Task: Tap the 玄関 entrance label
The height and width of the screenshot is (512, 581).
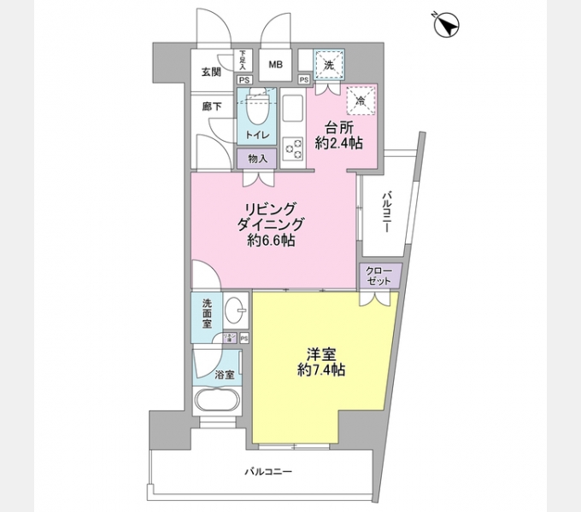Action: [212, 72]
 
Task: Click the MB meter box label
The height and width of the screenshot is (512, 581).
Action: [278, 65]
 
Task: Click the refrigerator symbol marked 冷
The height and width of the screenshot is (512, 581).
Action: [360, 101]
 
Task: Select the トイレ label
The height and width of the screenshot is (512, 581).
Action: [256, 136]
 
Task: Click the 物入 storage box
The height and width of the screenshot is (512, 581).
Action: [256, 159]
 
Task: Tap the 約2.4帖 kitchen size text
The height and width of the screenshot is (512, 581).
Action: [338, 143]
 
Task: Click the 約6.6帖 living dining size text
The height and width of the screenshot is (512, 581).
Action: [271, 241]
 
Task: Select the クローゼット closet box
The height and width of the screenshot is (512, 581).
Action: [378, 275]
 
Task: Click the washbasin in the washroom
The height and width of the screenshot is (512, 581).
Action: [237, 312]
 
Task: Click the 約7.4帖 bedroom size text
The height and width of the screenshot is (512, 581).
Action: [321, 370]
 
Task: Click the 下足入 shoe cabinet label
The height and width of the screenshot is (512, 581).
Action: [244, 60]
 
